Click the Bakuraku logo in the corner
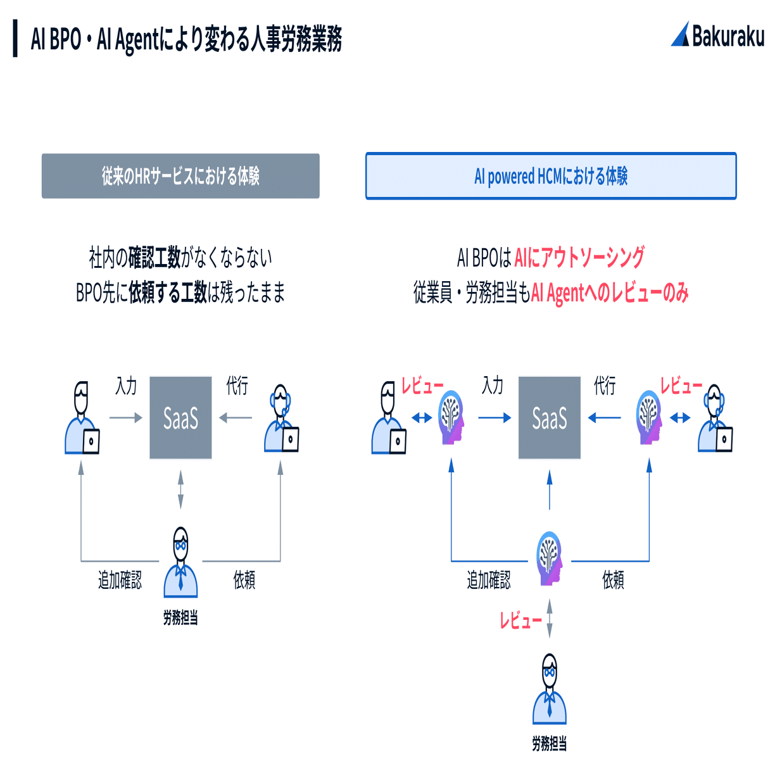tap(717, 35)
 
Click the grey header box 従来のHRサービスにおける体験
tap(180, 176)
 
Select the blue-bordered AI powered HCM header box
tap(551, 176)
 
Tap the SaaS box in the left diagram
tap(180, 418)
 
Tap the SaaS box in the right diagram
tap(550, 418)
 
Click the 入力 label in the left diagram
tap(126, 386)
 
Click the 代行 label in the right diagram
tap(604, 386)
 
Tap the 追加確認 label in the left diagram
tap(120, 580)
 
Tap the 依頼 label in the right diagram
tap(613, 580)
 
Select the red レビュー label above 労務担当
tap(520, 621)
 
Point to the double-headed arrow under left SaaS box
tap(180, 489)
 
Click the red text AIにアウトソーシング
tap(579, 258)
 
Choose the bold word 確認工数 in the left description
tap(154, 258)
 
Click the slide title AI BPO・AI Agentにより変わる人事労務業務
tap(186, 39)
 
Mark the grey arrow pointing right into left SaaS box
tap(126, 418)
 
